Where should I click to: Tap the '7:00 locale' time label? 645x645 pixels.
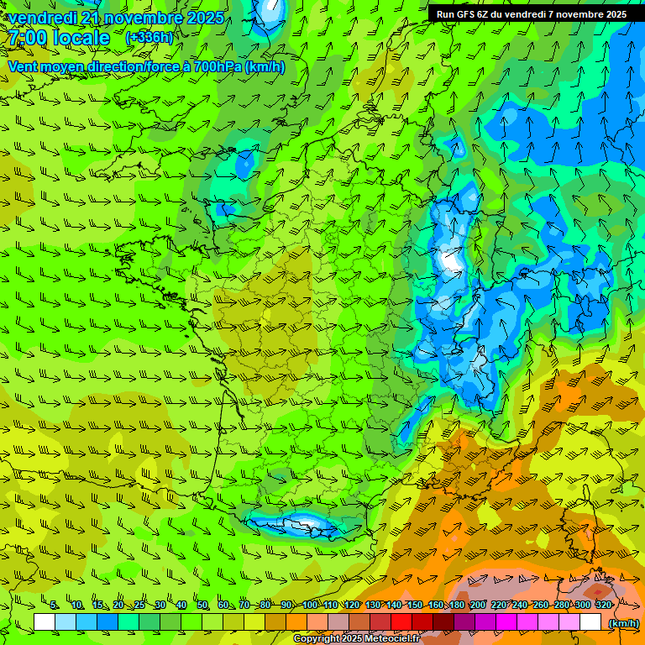click(x=60, y=38)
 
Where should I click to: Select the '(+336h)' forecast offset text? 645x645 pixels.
click(x=149, y=37)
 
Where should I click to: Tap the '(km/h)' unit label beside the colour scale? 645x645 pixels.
click(x=622, y=622)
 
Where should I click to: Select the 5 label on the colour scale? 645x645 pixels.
click(x=54, y=605)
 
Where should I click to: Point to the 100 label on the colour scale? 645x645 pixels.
click(x=310, y=605)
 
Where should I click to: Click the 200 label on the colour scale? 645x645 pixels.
click(x=478, y=605)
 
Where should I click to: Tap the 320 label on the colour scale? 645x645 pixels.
click(x=603, y=605)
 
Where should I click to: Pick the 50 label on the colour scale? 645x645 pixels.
click(x=202, y=605)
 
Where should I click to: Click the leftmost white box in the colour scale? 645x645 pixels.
click(x=45, y=621)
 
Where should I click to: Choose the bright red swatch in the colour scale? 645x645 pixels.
click(x=401, y=621)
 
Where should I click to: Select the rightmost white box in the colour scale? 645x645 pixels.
click(x=590, y=621)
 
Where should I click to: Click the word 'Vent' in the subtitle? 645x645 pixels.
click(x=23, y=66)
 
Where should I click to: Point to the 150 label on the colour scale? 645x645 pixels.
click(x=415, y=605)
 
